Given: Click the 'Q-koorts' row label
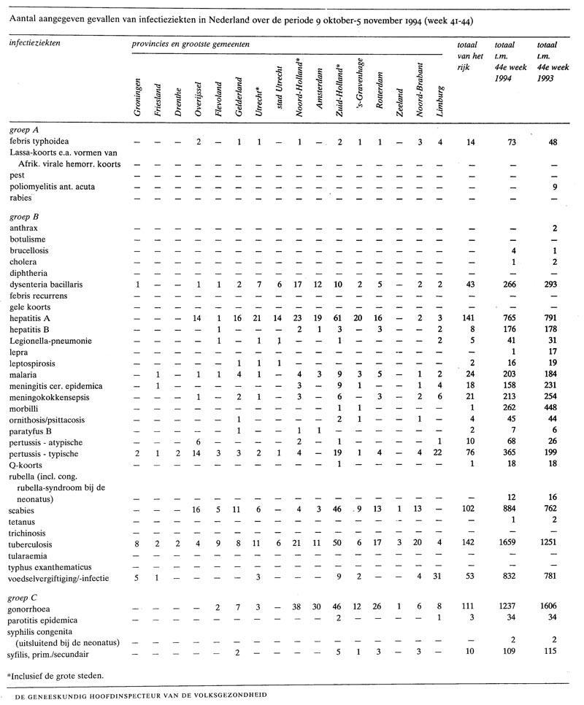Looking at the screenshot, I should click(x=27, y=464).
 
